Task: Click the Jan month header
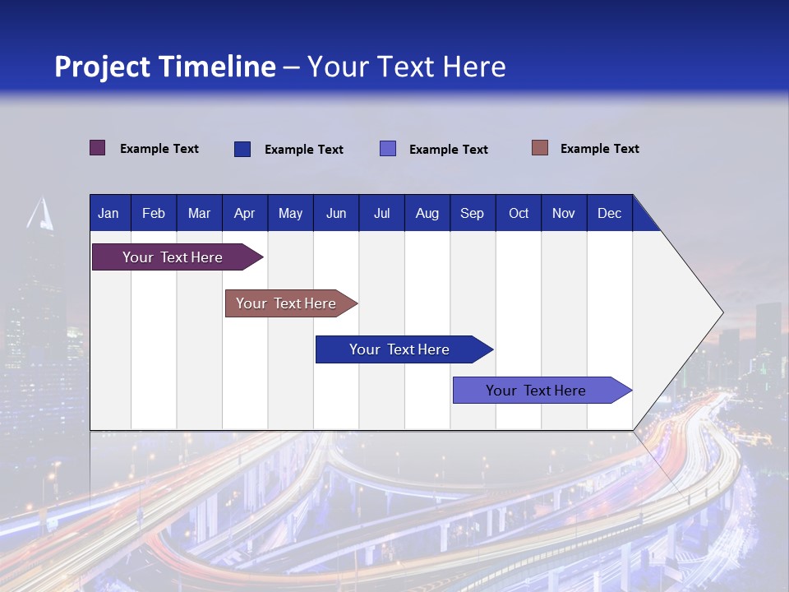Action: point(108,213)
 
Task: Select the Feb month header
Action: point(154,213)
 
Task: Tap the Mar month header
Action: point(199,213)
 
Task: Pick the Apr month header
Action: point(245,213)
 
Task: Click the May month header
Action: point(290,213)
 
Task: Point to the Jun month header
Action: point(336,213)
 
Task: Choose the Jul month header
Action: point(381,213)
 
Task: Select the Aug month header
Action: point(427,213)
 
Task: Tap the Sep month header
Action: point(473,213)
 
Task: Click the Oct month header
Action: point(519,213)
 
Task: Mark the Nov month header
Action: point(564,213)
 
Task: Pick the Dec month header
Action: point(610,213)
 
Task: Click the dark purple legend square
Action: point(98,148)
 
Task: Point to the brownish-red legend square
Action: point(540,148)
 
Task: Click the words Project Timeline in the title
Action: point(165,67)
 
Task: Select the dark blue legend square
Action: point(242,149)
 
